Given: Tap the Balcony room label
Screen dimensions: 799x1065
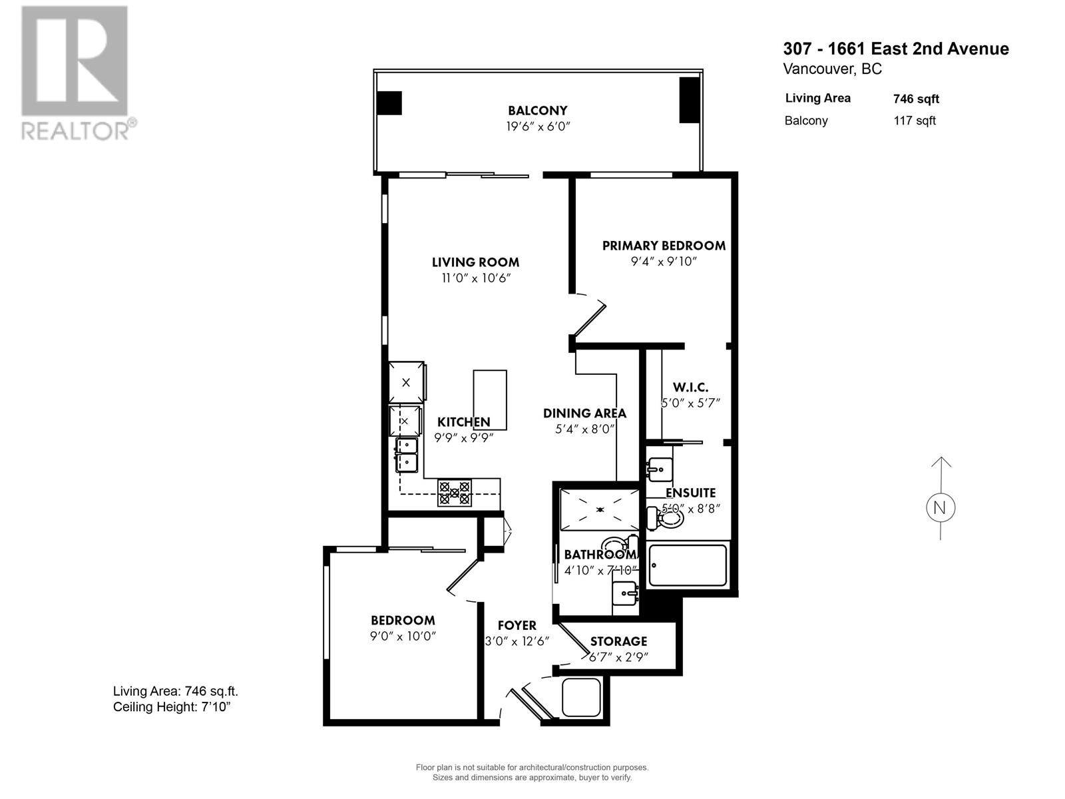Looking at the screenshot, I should (537, 111).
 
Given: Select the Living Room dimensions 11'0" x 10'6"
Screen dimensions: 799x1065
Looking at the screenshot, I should (475, 278).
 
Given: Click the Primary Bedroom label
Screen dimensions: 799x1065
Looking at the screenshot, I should (663, 246).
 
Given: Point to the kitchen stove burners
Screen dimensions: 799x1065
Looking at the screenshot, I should (455, 493).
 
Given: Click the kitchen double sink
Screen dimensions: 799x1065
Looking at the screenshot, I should (406, 454).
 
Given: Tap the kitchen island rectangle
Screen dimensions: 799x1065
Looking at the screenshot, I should (490, 400).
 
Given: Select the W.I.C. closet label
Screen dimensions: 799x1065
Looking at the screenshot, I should (690, 387).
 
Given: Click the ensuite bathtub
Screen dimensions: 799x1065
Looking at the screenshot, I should (688, 565).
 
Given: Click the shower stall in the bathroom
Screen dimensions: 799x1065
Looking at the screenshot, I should (599, 509).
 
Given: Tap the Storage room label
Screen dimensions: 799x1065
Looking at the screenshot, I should (618, 641).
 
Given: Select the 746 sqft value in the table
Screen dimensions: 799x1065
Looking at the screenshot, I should (916, 99).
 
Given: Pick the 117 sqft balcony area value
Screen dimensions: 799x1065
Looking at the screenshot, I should (915, 121).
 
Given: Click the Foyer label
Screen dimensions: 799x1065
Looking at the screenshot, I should (517, 625).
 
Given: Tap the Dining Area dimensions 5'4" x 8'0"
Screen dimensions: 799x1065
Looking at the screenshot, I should (584, 429).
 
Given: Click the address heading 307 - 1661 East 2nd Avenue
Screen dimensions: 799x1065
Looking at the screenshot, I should (895, 49).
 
